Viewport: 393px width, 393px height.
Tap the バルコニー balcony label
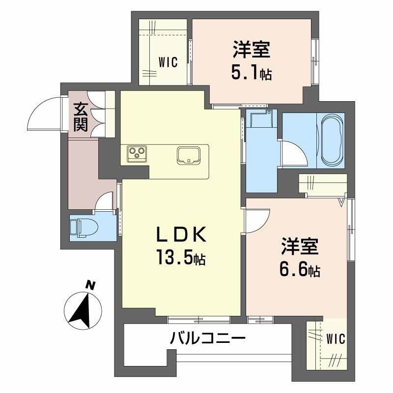coord(207,338)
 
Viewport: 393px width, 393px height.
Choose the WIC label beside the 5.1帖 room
coord(168,62)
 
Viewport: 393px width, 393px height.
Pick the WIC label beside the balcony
coord(336,338)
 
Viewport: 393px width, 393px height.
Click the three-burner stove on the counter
coord(136,153)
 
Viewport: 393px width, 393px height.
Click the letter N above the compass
coord(90,284)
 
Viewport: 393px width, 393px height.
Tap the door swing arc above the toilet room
coord(105,201)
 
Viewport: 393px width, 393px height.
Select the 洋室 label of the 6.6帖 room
coord(300,247)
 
